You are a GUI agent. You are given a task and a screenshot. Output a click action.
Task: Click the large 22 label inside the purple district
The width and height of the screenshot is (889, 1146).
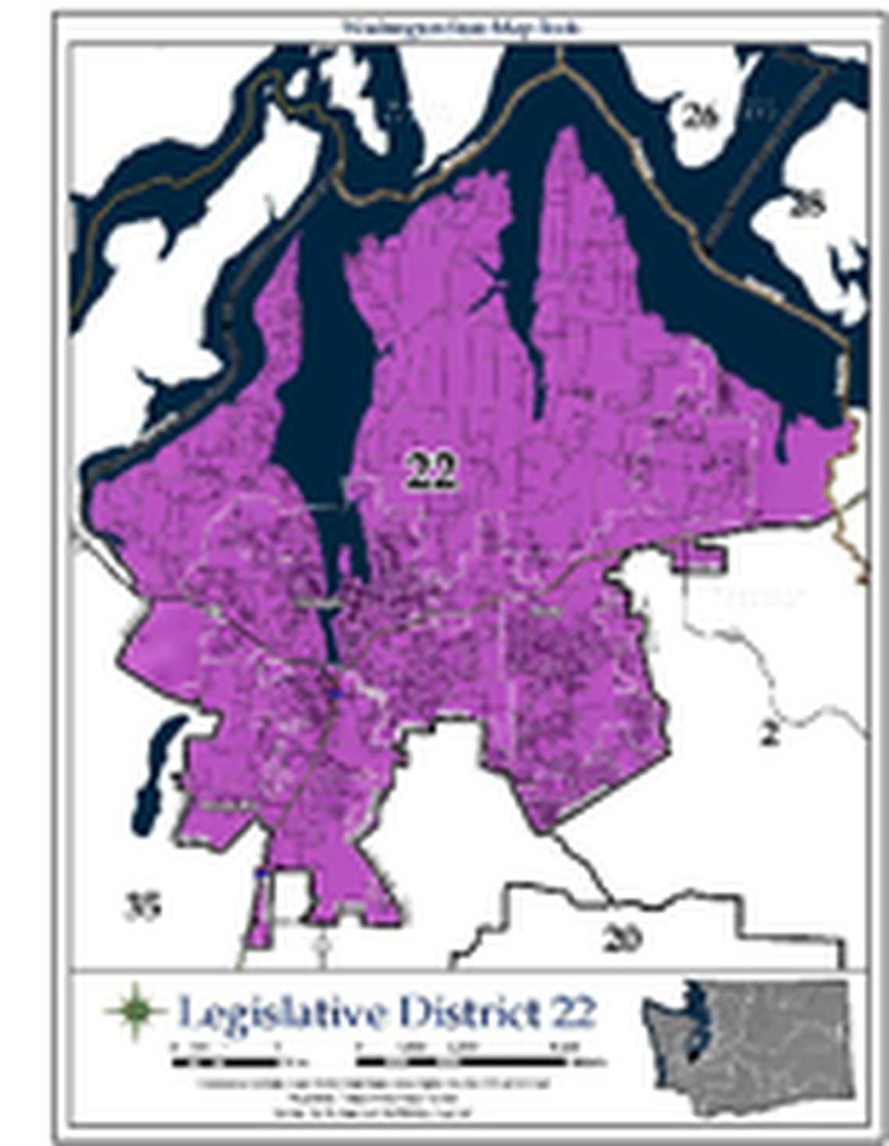point(430,470)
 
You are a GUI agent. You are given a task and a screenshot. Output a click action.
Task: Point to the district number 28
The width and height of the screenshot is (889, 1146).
point(806,204)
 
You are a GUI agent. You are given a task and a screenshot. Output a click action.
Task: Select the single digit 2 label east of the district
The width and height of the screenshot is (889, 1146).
point(769,734)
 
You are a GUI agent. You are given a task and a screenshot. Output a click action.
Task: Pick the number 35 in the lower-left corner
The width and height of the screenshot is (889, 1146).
point(143,906)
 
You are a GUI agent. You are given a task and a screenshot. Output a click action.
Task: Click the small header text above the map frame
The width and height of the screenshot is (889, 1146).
point(462,28)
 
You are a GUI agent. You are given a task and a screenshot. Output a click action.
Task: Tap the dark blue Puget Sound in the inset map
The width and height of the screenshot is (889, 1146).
point(691,1021)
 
